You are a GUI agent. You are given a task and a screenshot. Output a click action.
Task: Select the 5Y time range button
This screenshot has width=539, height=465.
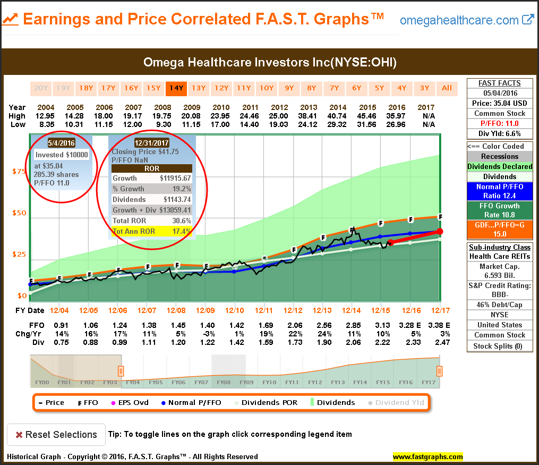[379, 88]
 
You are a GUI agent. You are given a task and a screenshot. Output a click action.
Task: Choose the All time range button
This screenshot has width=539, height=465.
[447, 88]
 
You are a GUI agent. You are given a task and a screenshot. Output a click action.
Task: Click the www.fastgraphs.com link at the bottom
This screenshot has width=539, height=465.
[427, 456]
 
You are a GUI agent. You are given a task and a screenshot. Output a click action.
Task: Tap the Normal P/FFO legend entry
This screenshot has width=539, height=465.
[190, 402]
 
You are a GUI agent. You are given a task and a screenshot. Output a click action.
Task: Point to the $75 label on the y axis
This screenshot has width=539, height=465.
[19, 172]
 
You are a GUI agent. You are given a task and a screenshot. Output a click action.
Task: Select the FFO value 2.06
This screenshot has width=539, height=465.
[294, 325]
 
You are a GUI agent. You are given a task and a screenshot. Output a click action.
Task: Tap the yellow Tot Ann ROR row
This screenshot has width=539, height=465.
[151, 232]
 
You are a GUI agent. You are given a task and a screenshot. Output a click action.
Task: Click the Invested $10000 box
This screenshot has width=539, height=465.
[62, 155]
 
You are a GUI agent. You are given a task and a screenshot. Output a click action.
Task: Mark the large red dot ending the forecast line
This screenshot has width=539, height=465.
[440, 231]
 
